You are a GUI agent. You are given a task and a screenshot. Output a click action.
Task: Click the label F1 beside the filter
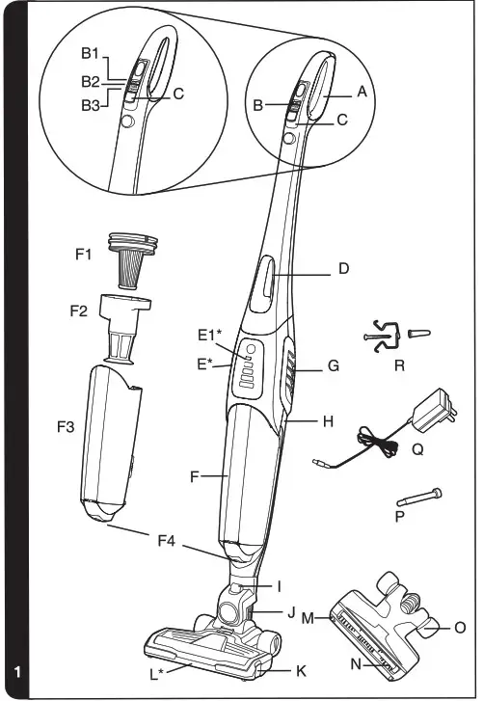(83, 255)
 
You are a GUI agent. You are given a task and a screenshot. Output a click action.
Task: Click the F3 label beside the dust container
(66, 427)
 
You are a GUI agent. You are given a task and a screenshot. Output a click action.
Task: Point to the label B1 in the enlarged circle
(90, 53)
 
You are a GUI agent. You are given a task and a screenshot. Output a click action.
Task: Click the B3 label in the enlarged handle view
(91, 105)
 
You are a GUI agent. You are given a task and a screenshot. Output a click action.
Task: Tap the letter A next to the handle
(362, 92)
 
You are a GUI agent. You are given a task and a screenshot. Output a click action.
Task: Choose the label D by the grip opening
(343, 269)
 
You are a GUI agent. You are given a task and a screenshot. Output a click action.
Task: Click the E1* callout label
(210, 335)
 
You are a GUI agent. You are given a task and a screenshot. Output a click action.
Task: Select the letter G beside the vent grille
(334, 365)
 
